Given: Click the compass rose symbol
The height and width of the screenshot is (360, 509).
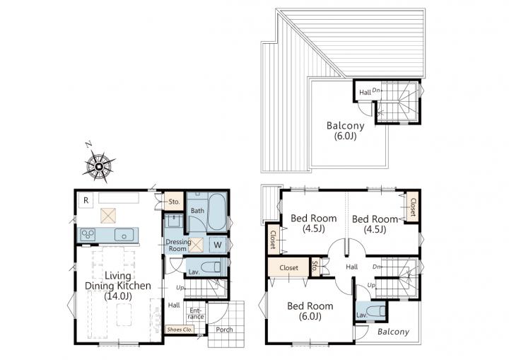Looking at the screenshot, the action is coord(99,167).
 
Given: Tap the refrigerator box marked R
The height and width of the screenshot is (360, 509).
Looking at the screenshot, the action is coord(86,200).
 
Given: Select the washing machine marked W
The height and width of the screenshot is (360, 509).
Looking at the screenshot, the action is coord(218,245).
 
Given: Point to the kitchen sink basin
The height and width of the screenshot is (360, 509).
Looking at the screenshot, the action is coord(124,235).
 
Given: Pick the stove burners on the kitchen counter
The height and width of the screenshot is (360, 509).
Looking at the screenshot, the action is coord(88,235).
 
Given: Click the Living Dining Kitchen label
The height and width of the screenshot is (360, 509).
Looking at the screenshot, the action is coord(118,286).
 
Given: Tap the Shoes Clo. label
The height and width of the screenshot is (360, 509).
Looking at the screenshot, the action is coord(180,330).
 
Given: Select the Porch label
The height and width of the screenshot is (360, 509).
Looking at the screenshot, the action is coord(224,330).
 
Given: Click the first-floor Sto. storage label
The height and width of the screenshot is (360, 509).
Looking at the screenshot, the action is coord(174,202).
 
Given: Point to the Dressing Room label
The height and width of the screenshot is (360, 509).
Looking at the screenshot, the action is coord(178,245).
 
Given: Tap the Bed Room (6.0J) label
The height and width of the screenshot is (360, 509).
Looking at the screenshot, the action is coord(310,310).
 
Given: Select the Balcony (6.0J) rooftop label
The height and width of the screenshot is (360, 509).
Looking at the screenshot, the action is coord(346,130).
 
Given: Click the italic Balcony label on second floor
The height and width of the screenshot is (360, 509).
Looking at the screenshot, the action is coord(394,332).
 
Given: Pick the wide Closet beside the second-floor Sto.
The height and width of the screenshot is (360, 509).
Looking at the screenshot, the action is coord(288,268).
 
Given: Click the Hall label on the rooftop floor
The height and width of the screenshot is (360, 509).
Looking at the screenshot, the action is coord(365,92).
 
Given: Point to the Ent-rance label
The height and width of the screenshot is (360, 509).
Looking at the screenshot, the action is coord(196,313).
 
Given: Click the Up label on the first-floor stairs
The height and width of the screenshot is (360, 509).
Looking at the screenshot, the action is coord(180,288).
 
